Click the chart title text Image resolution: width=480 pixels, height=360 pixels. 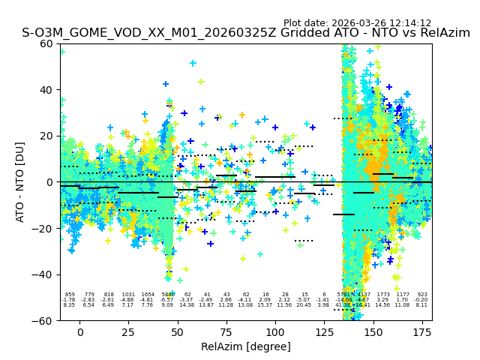(x=246, y=33)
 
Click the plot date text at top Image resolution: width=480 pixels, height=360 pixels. (x=358, y=23)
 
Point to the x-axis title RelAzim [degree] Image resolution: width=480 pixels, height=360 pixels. (x=246, y=346)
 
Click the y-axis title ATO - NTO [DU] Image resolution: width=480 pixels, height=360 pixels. (x=20, y=181)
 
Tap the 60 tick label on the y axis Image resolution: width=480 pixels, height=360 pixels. (x=47, y=43)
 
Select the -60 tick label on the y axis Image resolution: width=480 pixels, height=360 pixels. (x=44, y=320)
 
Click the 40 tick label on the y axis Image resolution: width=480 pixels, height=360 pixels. (x=47, y=90)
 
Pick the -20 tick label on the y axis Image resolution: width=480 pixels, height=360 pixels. (x=44, y=228)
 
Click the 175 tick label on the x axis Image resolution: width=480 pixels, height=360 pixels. (x=422, y=332)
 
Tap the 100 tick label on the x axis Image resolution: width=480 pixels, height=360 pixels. (x=275, y=332)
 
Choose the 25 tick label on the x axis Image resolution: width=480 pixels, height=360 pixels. (x=129, y=332)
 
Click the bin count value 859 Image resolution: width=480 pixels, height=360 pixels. (x=70, y=295)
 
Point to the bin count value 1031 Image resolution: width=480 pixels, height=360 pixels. (x=128, y=295)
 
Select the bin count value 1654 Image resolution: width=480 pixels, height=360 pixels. (x=148, y=295)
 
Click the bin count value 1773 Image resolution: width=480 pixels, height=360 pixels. (x=383, y=295)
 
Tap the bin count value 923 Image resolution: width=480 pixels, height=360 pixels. (x=422, y=295)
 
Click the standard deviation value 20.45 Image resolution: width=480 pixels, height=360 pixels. (x=304, y=305)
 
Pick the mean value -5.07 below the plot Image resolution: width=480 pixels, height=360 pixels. (x=304, y=300)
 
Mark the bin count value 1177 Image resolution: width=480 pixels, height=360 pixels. (x=403, y=295)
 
